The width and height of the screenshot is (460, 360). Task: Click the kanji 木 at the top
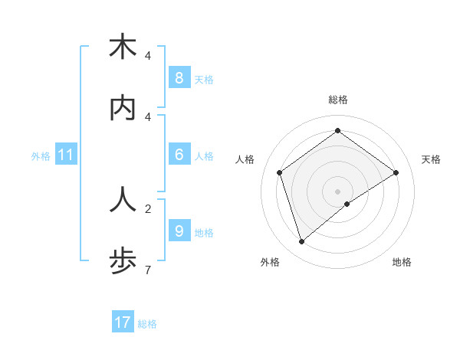point(123,47)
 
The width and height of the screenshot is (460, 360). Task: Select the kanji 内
point(123,108)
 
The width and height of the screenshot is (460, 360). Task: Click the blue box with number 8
point(179,77)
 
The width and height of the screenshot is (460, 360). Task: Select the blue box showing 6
point(179,155)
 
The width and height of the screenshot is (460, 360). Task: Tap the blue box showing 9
point(179,231)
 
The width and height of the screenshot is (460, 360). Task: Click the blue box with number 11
point(66,155)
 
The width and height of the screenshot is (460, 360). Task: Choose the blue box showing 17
point(123,322)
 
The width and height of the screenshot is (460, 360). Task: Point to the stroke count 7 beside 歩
point(147,269)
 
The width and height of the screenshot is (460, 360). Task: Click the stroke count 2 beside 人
point(147,208)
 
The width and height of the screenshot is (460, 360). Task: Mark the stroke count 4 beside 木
point(147,55)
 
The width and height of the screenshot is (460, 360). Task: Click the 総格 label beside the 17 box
point(147,324)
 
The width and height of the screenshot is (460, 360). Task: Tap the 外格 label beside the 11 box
point(41,155)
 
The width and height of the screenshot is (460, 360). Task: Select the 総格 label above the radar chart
point(338,100)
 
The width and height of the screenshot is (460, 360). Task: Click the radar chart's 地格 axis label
point(402,262)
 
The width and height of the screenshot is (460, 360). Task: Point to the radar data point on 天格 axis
point(396,172)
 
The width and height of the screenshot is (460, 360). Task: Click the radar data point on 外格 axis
point(301,242)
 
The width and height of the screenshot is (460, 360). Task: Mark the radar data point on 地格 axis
point(347,204)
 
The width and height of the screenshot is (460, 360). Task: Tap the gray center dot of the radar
point(338,191)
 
